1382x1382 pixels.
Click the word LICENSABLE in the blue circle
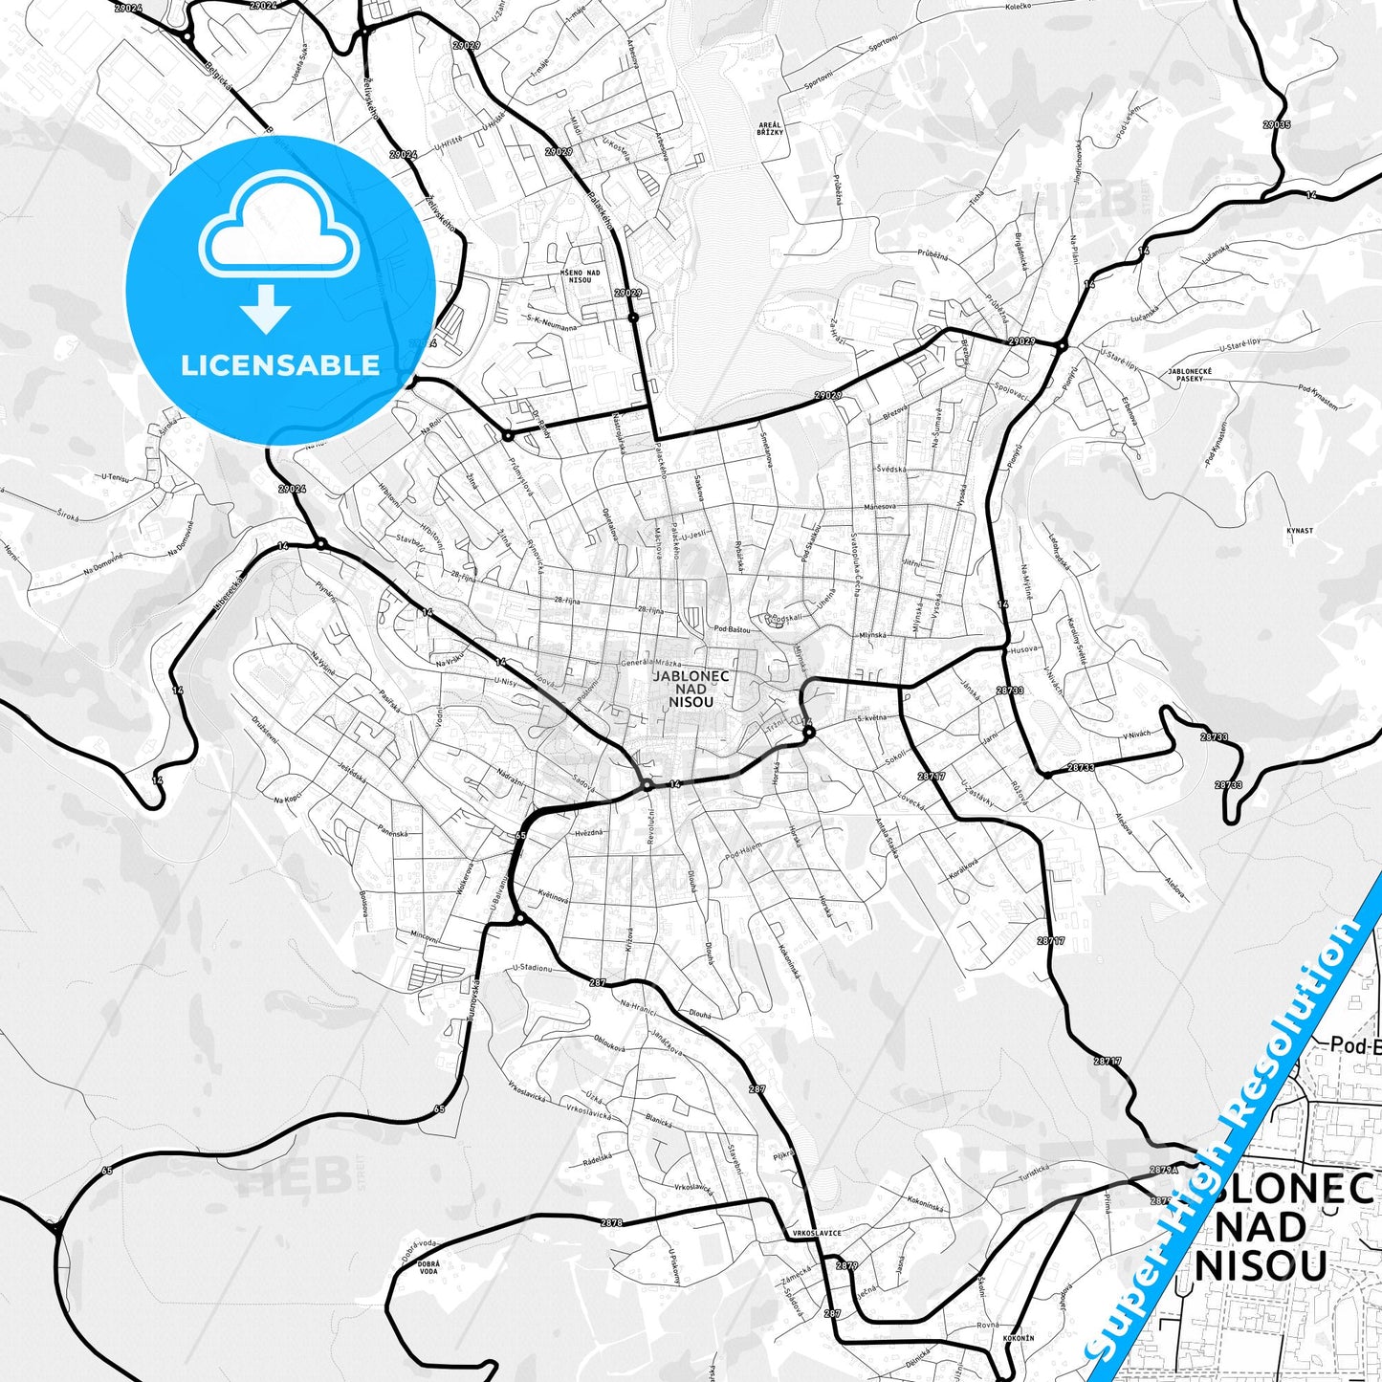coord(280,365)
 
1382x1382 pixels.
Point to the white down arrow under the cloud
coord(266,310)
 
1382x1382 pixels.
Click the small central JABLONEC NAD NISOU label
coord(691,689)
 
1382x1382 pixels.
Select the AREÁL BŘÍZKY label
coord(770,128)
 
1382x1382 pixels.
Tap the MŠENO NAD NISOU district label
coord(581,276)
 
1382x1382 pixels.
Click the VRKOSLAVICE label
coord(815,1233)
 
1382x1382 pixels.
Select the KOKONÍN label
coord(1019,1338)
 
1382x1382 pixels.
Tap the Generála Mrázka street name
coord(651,663)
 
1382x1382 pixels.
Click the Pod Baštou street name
coord(733,628)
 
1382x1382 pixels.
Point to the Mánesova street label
coord(879,506)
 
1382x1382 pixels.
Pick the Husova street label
coord(1023,649)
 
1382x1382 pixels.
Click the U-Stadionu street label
coord(533,968)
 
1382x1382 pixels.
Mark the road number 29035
coord(1276,124)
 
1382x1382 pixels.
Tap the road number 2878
coord(612,1222)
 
